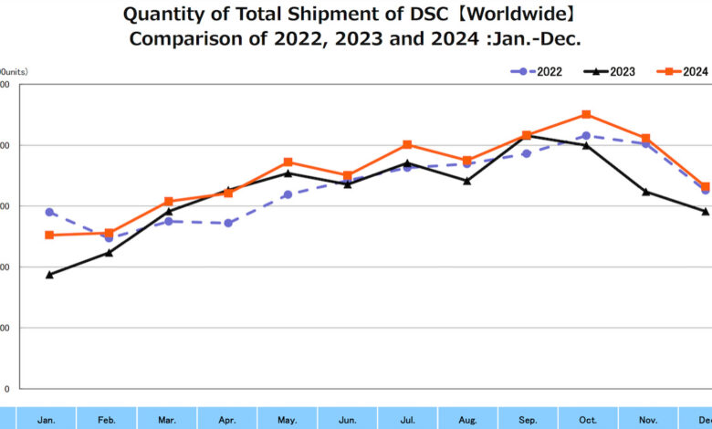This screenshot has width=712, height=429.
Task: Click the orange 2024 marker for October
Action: click(x=586, y=115)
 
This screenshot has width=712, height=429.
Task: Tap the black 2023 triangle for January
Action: click(x=49, y=274)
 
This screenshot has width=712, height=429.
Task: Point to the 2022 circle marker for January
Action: click(x=49, y=212)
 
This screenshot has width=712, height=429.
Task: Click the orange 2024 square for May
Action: click(x=288, y=162)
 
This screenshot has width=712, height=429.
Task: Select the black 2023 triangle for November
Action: click(x=646, y=192)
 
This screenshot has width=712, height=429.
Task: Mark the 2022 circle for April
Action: click(x=228, y=223)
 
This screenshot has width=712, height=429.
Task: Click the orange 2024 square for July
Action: click(x=407, y=144)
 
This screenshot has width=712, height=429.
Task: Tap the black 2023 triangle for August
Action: click(x=466, y=181)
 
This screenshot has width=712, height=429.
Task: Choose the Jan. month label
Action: click(x=47, y=420)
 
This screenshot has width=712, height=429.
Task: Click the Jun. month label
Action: click(x=348, y=420)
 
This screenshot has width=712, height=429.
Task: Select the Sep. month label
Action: click(x=528, y=420)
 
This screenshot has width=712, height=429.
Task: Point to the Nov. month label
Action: click(x=647, y=420)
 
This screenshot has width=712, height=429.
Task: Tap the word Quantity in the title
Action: click(x=162, y=15)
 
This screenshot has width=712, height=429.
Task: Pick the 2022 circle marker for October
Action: click(x=586, y=136)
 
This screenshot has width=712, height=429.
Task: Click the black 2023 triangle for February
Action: click(x=109, y=253)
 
